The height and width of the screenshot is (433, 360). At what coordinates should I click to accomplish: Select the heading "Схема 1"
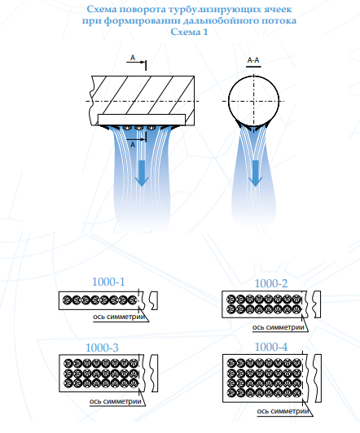click(x=189, y=32)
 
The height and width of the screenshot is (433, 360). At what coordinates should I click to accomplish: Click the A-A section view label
click(x=253, y=60)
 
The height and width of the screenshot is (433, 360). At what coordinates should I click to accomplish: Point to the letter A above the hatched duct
click(x=133, y=58)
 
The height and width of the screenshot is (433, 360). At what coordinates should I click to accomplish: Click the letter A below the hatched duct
click(x=133, y=144)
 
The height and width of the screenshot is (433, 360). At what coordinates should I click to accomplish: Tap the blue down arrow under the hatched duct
click(x=142, y=173)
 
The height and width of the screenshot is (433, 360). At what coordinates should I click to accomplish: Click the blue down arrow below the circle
click(x=255, y=173)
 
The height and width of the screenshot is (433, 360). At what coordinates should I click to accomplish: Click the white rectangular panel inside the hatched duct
click(x=142, y=120)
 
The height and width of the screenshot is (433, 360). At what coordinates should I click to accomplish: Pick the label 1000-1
click(x=108, y=282)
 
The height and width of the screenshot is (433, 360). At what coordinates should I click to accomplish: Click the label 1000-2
click(x=270, y=283)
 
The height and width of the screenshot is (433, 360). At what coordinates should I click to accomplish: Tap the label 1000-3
click(x=102, y=348)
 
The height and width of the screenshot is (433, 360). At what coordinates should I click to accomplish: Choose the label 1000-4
click(x=271, y=347)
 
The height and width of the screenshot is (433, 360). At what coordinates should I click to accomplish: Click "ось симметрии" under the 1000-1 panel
click(x=119, y=317)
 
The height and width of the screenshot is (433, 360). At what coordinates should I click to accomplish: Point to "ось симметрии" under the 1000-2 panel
click(x=279, y=327)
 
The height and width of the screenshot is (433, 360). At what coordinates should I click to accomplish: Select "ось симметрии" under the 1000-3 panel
click(x=116, y=401)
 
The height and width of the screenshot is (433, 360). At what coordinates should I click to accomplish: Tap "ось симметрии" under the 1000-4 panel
click(x=283, y=411)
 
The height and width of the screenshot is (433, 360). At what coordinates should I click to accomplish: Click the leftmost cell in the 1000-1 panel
click(x=67, y=300)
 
